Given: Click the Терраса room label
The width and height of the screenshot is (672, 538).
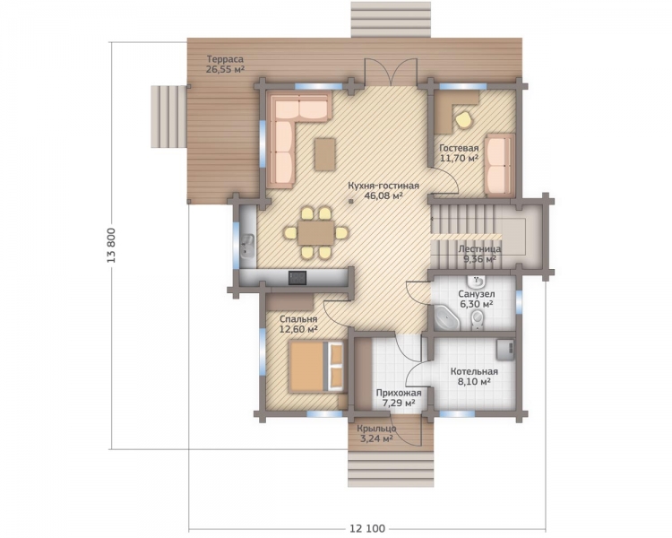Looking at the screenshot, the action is (225, 59).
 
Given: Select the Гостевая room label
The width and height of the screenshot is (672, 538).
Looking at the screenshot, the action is (459, 149).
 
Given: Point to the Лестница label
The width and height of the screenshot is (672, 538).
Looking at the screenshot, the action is (479, 249).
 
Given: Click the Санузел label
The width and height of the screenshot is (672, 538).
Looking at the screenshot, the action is (477, 294).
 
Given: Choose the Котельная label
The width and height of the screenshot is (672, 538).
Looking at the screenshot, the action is (474, 371).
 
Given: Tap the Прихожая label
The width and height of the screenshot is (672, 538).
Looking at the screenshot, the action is (399, 393).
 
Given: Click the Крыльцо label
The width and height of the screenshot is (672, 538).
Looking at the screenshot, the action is (376, 429).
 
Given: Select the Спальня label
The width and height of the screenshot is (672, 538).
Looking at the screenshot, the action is (298, 319).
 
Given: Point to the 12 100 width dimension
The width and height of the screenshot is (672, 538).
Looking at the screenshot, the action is (367, 528).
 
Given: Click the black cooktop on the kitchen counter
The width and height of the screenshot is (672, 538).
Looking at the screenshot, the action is (297, 278).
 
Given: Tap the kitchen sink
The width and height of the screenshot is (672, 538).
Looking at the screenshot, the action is (247, 247).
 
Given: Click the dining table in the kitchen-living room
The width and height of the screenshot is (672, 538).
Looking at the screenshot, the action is (316, 233).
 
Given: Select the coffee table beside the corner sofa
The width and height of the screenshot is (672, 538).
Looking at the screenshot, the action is (325, 154).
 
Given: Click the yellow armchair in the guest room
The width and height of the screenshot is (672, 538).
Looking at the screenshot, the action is (464, 119).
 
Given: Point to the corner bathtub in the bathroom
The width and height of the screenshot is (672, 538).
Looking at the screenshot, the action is (446, 317).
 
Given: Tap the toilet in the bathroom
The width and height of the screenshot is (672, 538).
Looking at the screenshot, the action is (477, 320).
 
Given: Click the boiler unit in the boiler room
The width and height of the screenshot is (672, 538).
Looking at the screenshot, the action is (505, 350).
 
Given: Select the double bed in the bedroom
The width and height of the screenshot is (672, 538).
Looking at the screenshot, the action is (316, 366).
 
